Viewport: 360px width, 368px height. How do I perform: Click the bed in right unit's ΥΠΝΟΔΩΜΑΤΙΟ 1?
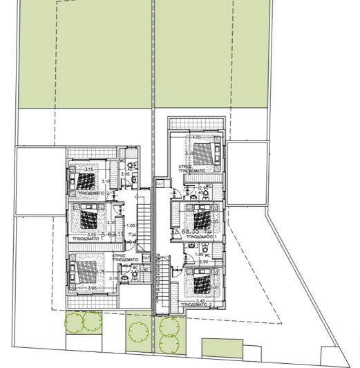202,221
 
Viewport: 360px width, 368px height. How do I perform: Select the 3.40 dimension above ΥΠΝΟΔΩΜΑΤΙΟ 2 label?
200,301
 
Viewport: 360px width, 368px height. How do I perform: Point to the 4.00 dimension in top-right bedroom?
197,137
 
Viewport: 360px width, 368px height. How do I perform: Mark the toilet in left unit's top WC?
131,166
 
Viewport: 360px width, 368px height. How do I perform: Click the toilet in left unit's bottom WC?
125,279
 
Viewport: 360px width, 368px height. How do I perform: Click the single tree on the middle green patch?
138,331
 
